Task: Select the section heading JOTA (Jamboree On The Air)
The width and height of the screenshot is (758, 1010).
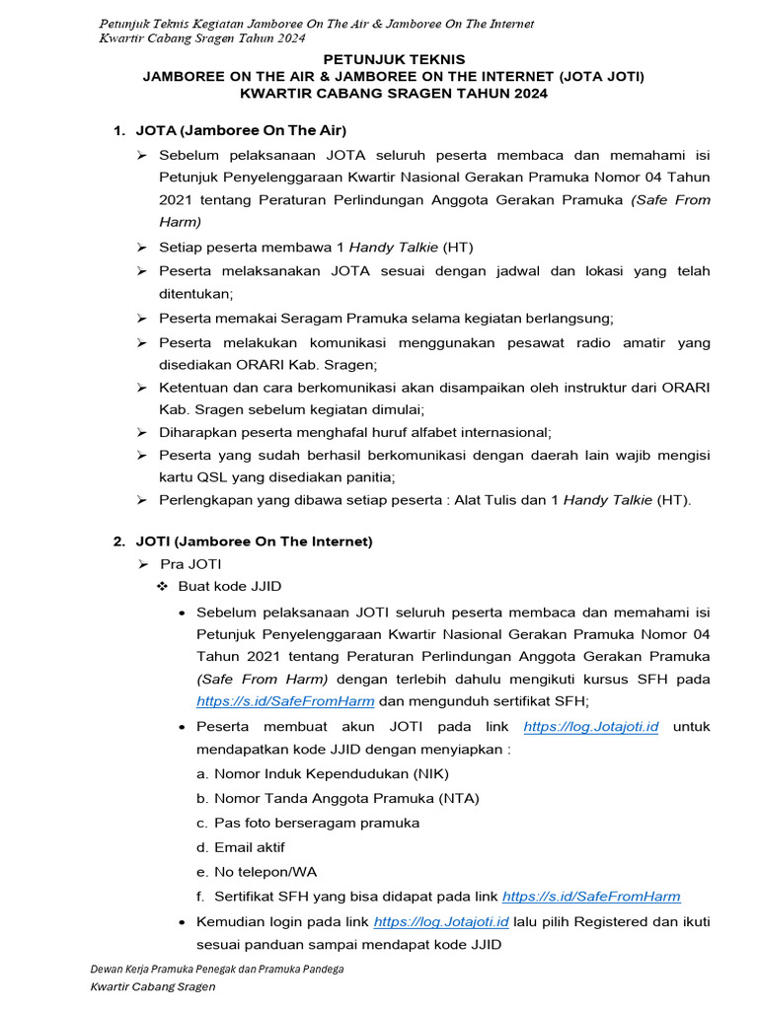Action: click(241, 129)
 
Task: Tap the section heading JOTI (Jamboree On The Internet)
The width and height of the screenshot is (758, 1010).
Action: click(254, 541)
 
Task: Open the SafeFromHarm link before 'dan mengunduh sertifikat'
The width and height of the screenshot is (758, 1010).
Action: click(285, 701)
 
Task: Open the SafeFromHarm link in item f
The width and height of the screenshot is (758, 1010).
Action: click(591, 897)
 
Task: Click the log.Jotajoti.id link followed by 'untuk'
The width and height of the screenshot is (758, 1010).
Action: click(590, 727)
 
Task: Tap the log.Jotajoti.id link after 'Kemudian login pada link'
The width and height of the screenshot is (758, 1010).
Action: click(441, 921)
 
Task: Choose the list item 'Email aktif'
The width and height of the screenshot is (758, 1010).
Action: click(250, 847)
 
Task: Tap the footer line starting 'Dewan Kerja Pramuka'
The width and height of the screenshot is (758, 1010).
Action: click(217, 970)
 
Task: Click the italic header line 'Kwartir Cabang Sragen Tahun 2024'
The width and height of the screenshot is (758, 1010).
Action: click(197, 37)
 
